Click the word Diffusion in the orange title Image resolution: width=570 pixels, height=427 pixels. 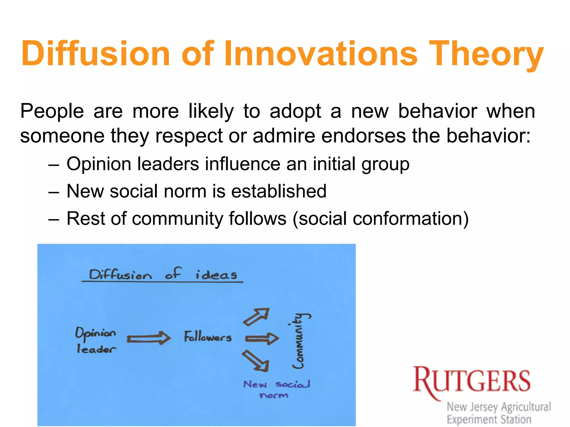pos(95,53)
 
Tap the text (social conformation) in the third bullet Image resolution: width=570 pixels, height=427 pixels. pos(381,219)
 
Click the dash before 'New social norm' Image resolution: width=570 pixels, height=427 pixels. pos(53,192)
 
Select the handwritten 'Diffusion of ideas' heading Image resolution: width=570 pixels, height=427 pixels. pos(163,275)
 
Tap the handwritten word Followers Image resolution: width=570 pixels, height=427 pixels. pos(208,337)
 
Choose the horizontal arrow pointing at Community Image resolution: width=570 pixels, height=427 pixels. pos(262,338)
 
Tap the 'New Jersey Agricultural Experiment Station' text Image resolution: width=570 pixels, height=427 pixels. pos(498,413)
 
